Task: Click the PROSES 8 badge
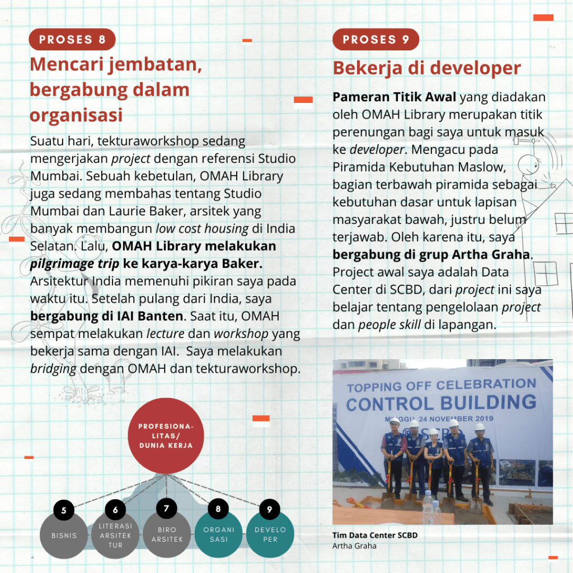click(72, 39)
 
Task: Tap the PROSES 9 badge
click(375, 39)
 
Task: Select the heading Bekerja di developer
click(426, 68)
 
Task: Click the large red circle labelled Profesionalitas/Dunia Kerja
click(166, 435)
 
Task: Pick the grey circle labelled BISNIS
click(64, 536)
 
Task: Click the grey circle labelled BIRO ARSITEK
click(167, 534)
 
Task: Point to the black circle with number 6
click(115, 510)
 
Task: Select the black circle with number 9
click(269, 509)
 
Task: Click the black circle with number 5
click(64, 510)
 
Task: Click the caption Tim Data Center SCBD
click(375, 536)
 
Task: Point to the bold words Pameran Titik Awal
click(394, 97)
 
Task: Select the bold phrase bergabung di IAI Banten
click(106, 316)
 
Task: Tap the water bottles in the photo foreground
click(431, 509)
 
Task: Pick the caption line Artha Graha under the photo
click(354, 546)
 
